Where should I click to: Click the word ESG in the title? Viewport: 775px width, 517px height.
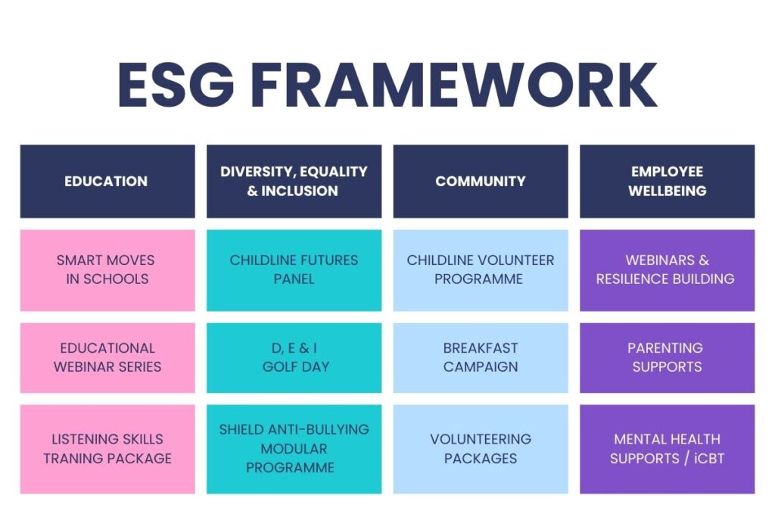(176, 85)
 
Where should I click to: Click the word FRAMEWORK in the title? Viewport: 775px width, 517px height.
(453, 85)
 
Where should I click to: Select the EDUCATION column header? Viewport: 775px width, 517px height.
(107, 182)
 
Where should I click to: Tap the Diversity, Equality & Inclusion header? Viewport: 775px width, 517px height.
(294, 182)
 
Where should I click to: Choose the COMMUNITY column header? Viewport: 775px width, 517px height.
(481, 182)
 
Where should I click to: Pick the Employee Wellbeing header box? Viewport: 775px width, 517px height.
(667, 182)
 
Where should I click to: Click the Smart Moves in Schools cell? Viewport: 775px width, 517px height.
(107, 269)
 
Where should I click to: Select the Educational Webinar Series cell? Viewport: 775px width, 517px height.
(107, 357)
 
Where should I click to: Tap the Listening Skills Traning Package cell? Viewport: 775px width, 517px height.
(107, 449)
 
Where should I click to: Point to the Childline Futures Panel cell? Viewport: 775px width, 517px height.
(294, 269)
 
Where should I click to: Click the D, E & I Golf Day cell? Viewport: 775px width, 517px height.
(294, 357)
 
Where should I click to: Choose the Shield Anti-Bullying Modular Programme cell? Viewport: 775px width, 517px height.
(294, 449)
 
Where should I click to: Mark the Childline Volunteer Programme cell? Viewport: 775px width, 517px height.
(481, 269)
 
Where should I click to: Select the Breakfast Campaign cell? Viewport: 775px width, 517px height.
(481, 357)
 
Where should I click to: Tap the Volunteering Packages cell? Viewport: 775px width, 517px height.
(481, 449)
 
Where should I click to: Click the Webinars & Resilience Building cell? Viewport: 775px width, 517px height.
(667, 269)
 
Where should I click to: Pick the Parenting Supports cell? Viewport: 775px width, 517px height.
(667, 357)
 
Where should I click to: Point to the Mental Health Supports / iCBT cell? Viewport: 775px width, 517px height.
(667, 449)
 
